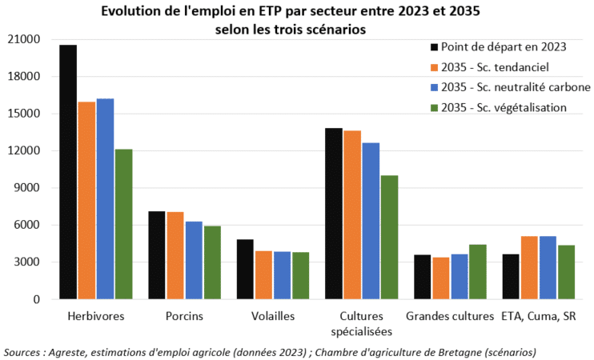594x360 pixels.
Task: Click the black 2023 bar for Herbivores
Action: (68, 172)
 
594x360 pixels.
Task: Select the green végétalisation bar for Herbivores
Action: (123, 224)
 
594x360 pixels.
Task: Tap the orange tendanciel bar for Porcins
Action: (175, 255)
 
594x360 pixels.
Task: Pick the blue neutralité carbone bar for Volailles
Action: (283, 275)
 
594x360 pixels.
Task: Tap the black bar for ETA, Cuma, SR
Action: (511, 277)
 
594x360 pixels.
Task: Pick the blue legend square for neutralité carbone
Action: (435, 86)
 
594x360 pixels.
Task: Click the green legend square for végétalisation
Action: (435, 107)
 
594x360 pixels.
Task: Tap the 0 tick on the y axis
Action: (37, 299)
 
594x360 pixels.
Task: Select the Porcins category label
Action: (186, 316)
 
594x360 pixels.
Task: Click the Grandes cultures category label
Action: (449, 316)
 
